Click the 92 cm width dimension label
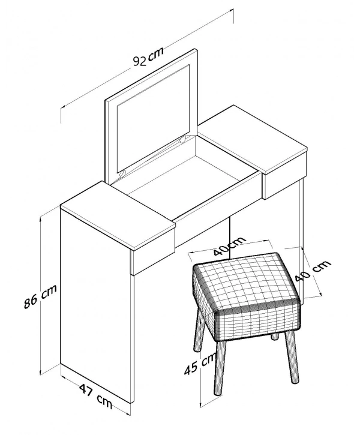click(148, 57)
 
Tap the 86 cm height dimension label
click(40, 296)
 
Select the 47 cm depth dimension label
click(95, 396)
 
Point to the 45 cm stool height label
click(200, 364)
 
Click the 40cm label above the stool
click(230, 246)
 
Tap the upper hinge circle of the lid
click(183, 140)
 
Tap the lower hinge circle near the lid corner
click(122, 174)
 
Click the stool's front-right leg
click(292, 358)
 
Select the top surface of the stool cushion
click(246, 281)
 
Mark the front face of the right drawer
click(285, 175)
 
